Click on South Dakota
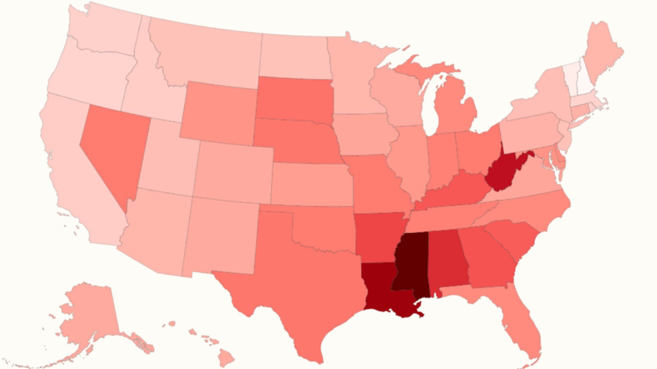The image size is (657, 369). (x=294, y=99)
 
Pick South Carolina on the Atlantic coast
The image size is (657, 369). (x=513, y=239)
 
